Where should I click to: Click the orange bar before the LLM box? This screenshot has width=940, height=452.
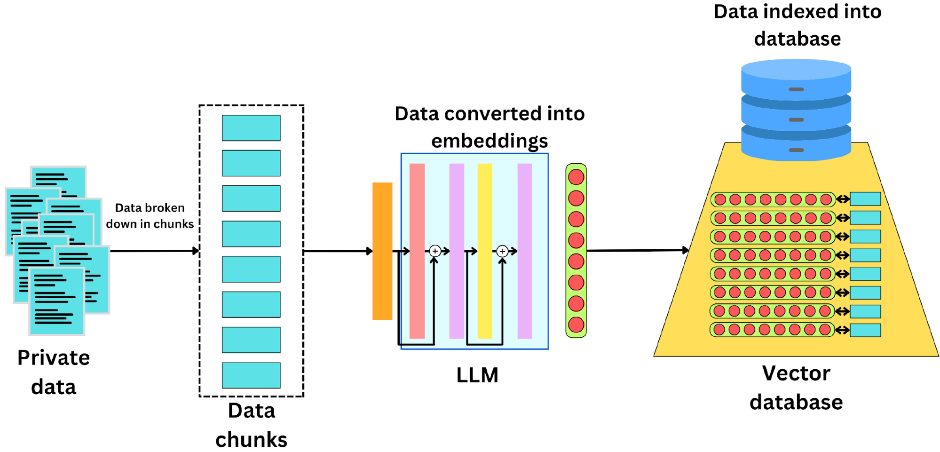pos(382,251)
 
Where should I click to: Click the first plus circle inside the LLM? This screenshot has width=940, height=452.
pos(435,251)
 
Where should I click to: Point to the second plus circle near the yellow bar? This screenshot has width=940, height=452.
pos(502,251)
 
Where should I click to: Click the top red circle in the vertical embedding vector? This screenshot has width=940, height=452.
pos(576,177)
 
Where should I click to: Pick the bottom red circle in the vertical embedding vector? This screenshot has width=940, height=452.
pos(576,325)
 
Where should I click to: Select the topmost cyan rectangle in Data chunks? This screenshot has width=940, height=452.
pos(251,128)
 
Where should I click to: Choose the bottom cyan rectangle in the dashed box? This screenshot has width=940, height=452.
pos(251,375)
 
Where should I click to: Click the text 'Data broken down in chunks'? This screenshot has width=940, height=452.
pos(150,216)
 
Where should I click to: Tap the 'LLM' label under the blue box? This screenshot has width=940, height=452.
pos(477,375)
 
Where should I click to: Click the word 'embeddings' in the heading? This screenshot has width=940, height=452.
pos(490,141)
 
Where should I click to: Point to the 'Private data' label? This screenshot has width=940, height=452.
pos(54,372)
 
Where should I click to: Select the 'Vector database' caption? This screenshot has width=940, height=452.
pos(796,388)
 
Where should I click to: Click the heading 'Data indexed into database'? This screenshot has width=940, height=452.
pos(798,25)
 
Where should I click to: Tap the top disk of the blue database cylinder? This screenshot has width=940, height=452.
pos(796,75)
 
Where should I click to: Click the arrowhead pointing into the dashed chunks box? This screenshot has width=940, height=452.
pos(196,251)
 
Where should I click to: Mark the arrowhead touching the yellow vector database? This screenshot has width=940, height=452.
pos(686,250)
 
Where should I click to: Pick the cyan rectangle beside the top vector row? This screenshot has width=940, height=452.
pos(865,199)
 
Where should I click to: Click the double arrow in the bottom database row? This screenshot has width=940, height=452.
pos(842,330)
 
